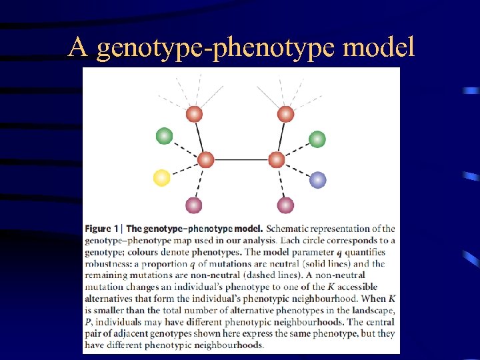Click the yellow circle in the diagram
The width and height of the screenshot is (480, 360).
(x=161, y=177)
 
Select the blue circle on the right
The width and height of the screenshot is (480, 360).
(x=318, y=179)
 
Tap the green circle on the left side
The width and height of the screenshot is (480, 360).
(x=164, y=136)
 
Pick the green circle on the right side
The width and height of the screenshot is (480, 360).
(x=317, y=139)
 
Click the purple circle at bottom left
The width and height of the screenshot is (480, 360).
(x=193, y=205)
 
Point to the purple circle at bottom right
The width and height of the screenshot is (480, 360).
(x=285, y=205)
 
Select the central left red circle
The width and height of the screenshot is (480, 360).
(x=205, y=160)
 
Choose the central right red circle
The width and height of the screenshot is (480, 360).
(x=276, y=160)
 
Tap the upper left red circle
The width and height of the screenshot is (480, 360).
(x=194, y=114)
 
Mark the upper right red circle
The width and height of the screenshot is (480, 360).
(x=285, y=114)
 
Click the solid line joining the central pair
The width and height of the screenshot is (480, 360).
(x=241, y=160)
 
